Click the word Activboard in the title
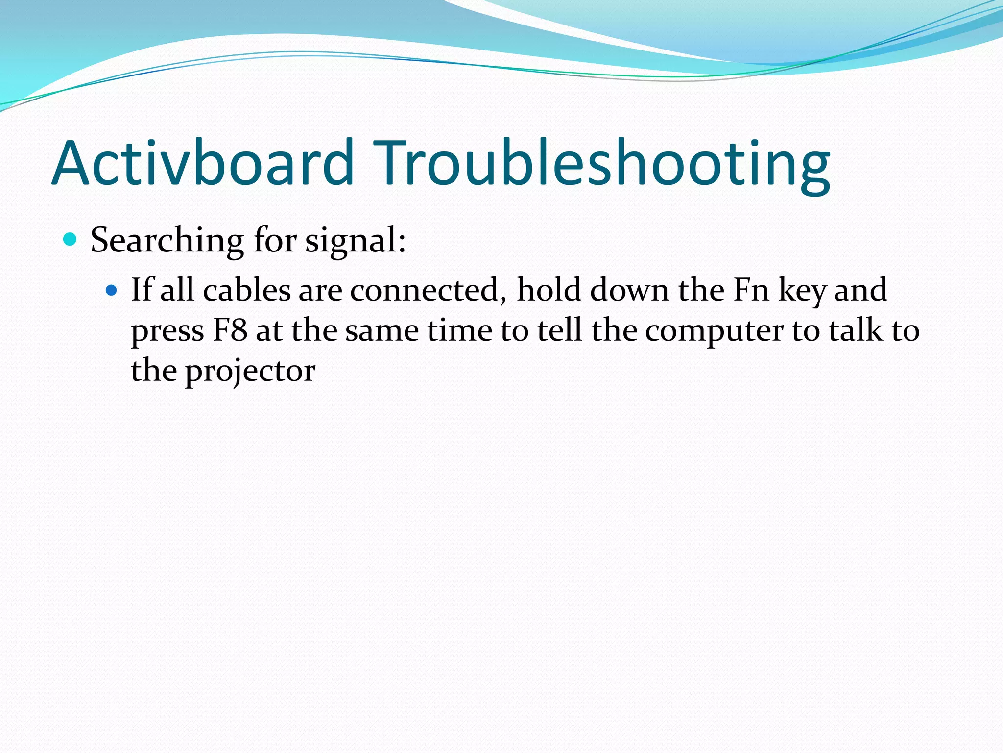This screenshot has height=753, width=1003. [x=203, y=163]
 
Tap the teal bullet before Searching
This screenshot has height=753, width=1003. [x=71, y=240]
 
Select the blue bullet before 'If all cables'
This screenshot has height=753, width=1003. [x=112, y=291]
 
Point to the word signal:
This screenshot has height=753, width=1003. [x=356, y=241]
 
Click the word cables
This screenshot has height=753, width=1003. [x=247, y=290]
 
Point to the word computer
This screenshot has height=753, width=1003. [x=714, y=331]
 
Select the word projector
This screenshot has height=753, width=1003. [x=250, y=372]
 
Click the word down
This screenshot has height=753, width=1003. [x=629, y=290]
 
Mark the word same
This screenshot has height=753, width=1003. [x=382, y=331]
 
